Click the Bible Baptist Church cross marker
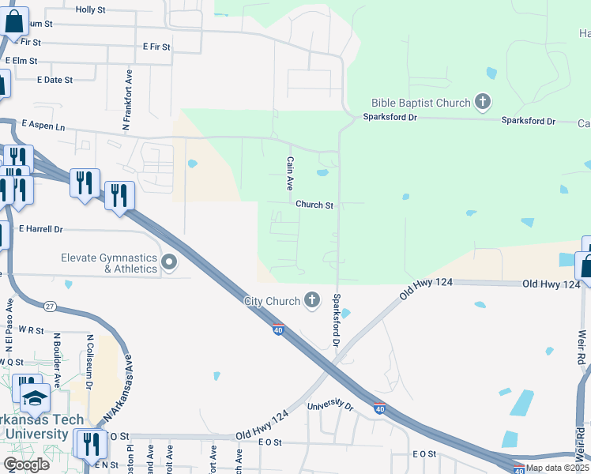pos(483,102)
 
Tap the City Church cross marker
pos(313,300)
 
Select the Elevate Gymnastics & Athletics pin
pos(168,262)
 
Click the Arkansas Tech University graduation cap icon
pos(35,397)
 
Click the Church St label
pos(314,205)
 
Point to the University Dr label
pos(329,406)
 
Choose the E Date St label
pos(55,80)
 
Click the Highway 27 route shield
pos(50,307)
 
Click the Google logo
pos(26,465)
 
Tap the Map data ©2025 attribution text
pos(557,468)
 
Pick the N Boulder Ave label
pos(57,355)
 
